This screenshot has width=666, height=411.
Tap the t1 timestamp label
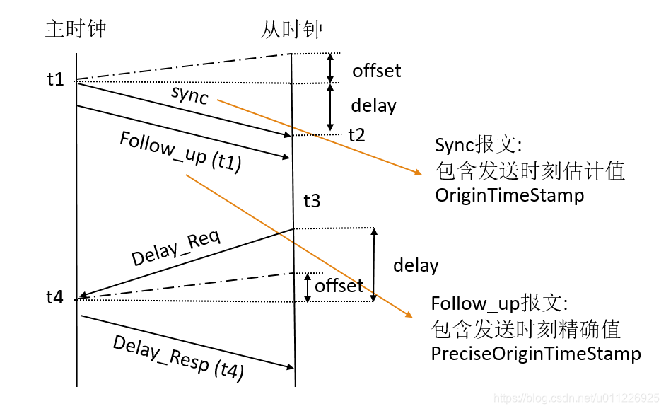(55, 79)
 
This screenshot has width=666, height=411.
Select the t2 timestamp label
(356, 135)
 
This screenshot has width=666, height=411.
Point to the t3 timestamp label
(312, 201)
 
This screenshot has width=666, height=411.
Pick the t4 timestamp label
(55, 298)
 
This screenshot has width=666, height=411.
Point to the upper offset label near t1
(376, 71)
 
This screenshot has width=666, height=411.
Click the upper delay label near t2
(373, 106)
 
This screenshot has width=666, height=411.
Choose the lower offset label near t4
(339, 286)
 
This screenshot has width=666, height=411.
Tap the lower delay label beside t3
(416, 265)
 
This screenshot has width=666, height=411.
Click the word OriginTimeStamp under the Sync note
(510, 195)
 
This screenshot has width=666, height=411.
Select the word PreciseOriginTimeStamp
(536, 354)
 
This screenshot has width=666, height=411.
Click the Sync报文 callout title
(478, 146)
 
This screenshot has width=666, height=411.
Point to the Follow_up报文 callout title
(499, 303)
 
